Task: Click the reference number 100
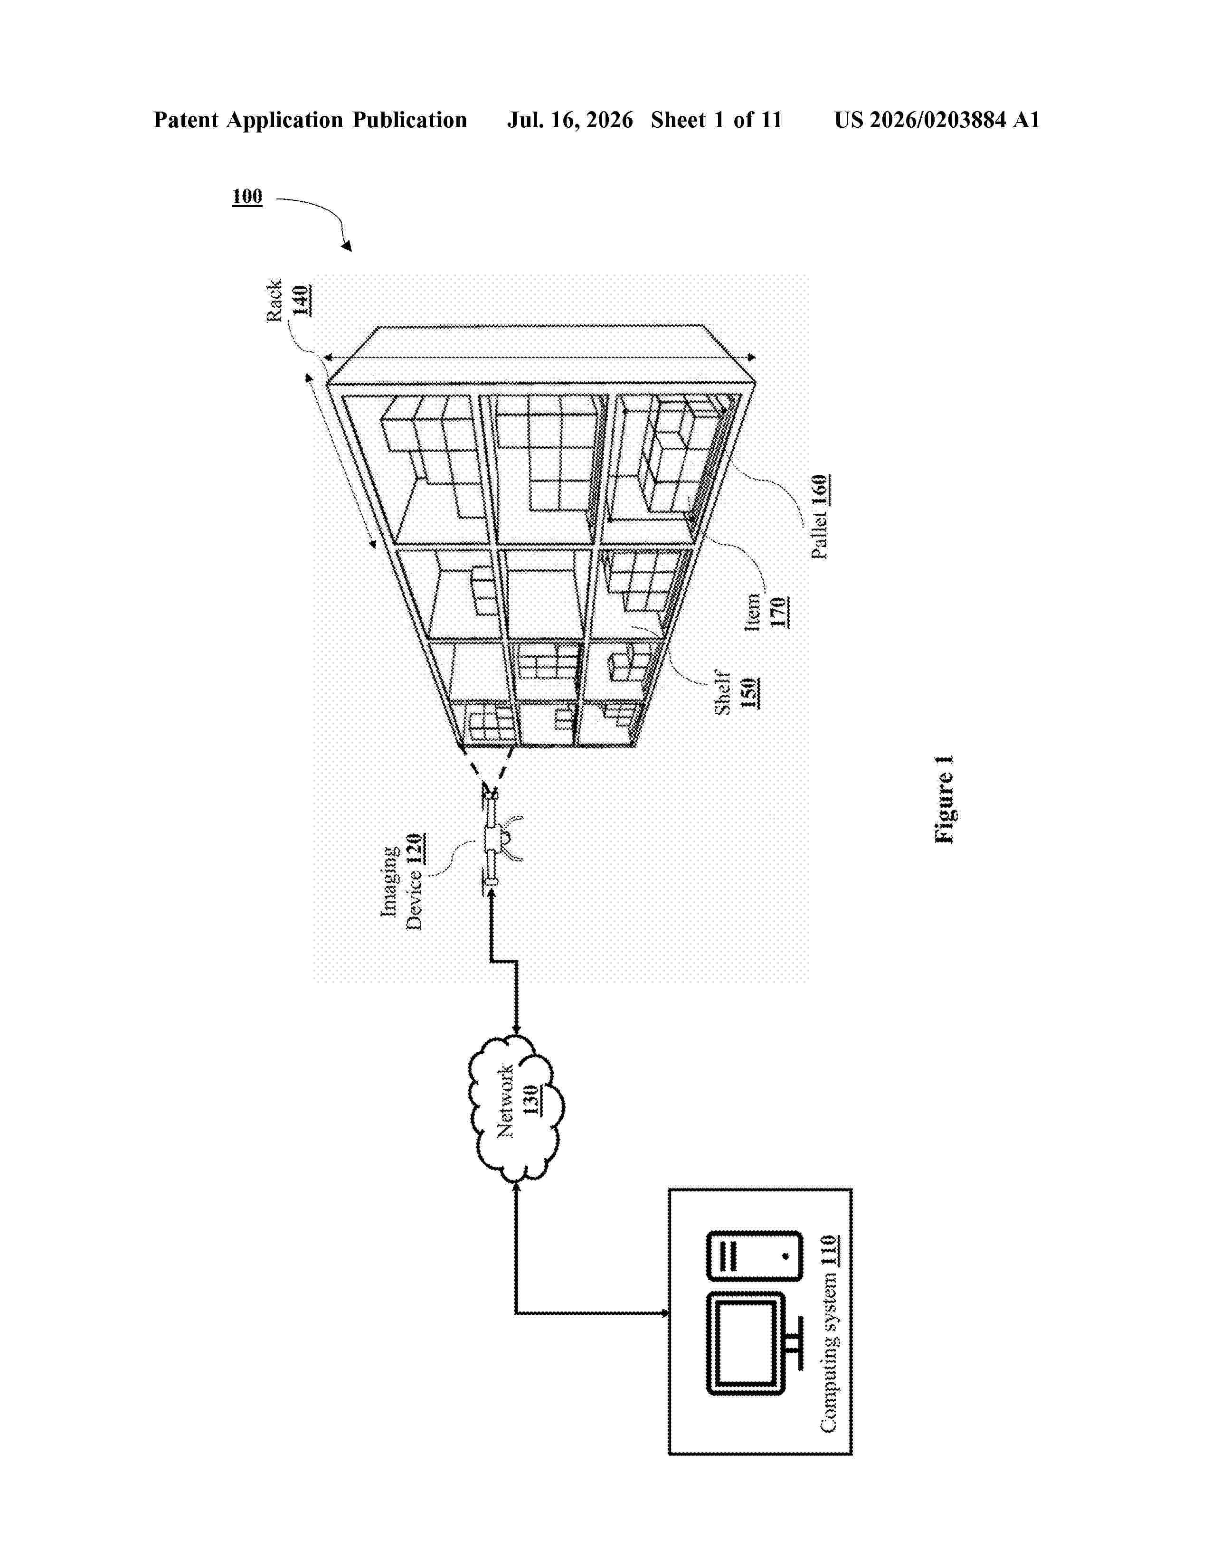(x=247, y=196)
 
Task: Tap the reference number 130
(x=531, y=1100)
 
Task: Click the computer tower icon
(x=754, y=1255)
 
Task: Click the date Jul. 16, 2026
(x=570, y=120)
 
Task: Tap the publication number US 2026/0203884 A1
(x=937, y=120)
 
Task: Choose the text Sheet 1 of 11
(x=717, y=120)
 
